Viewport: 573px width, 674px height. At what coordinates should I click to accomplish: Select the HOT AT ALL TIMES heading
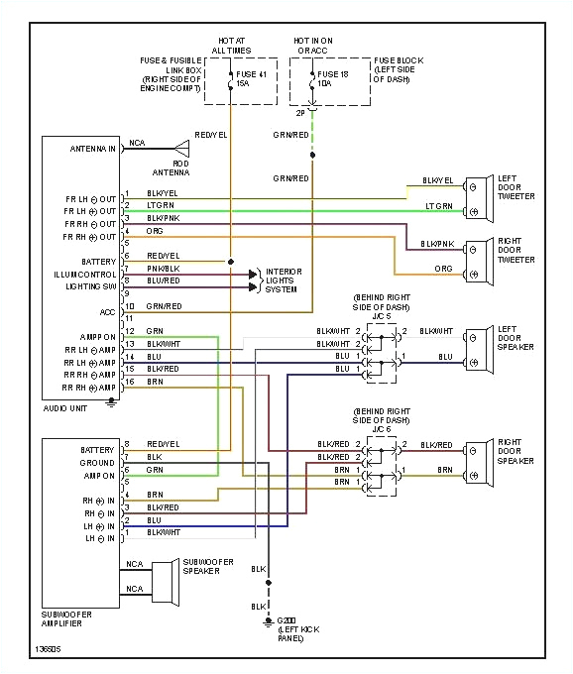pyautogui.click(x=231, y=46)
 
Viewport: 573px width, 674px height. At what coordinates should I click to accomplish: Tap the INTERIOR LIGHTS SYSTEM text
pyautogui.click(x=284, y=280)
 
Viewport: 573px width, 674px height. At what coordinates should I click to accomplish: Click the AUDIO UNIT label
pyautogui.click(x=64, y=407)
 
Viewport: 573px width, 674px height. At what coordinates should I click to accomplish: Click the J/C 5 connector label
pyautogui.click(x=383, y=315)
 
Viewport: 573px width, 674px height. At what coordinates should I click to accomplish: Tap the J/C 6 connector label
pyautogui.click(x=383, y=430)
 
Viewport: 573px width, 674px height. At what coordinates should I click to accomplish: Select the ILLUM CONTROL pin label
pyautogui.click(x=85, y=273)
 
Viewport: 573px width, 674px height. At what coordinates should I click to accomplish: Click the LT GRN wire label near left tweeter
pyautogui.click(x=438, y=206)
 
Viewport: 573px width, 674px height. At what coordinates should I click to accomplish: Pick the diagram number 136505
pyautogui.click(x=47, y=651)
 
